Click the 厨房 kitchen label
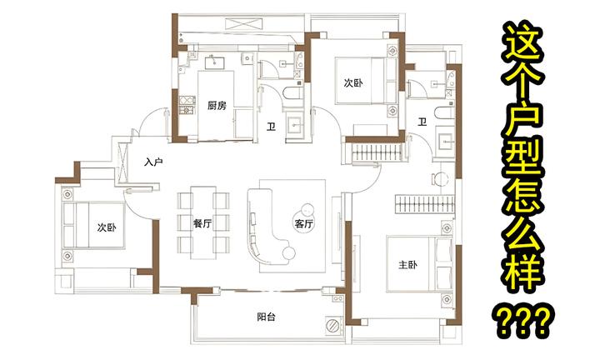[x=218, y=106]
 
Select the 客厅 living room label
[x=303, y=223]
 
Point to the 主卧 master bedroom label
[x=408, y=266]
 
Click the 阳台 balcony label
[x=267, y=317]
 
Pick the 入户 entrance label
[x=152, y=162]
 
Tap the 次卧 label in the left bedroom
[x=105, y=227]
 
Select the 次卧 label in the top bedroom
[x=353, y=83]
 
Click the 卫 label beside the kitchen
[x=271, y=127]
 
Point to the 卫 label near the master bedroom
[x=422, y=122]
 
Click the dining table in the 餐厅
[x=203, y=218]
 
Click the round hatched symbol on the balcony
[x=332, y=324]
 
